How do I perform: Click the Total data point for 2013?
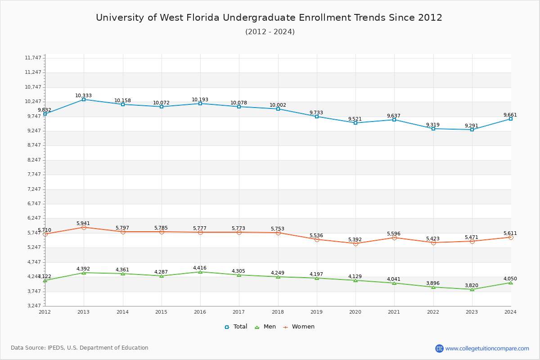84,99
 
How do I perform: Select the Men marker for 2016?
200,272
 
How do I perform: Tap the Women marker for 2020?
355,243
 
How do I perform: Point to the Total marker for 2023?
472,130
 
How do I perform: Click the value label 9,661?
510,115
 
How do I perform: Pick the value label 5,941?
83,223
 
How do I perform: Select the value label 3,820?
472,285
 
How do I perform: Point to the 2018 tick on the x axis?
278,312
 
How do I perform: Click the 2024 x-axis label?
510,312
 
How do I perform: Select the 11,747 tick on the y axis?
33,58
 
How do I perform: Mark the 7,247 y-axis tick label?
33,189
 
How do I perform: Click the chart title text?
269,18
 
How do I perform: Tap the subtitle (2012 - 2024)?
270,32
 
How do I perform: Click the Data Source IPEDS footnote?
80,348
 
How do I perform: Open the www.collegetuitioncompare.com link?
487,348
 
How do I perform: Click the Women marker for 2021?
394,238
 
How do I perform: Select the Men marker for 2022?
433,287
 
